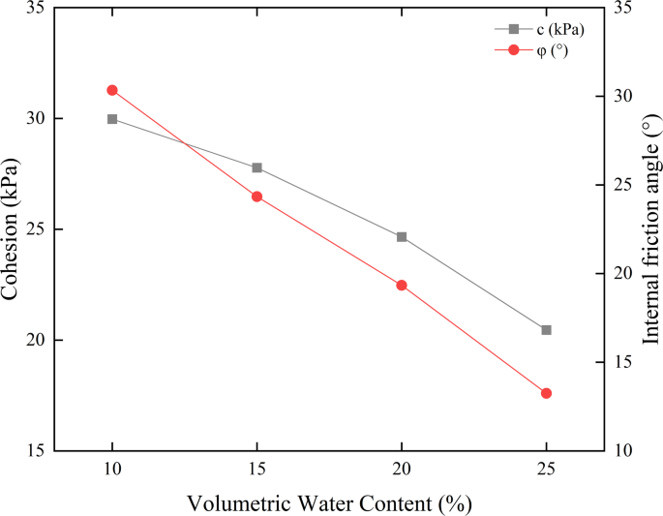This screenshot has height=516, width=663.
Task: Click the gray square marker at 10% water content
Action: click(112, 119)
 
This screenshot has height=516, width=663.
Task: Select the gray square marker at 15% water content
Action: click(256, 167)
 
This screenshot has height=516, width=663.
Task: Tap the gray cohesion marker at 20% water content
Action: click(402, 236)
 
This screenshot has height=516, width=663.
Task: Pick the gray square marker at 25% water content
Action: click(546, 330)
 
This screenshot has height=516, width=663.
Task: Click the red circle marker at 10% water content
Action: click(112, 90)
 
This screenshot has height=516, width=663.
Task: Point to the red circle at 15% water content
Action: click(256, 197)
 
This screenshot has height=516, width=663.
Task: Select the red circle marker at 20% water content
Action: click(402, 286)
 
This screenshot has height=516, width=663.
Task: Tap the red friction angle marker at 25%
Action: click(546, 393)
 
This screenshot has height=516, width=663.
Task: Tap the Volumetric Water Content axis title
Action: click(329, 503)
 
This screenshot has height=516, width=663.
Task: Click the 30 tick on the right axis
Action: click(623, 97)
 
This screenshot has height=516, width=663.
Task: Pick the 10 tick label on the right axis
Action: click(623, 451)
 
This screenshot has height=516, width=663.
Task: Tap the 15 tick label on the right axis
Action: click(623, 362)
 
